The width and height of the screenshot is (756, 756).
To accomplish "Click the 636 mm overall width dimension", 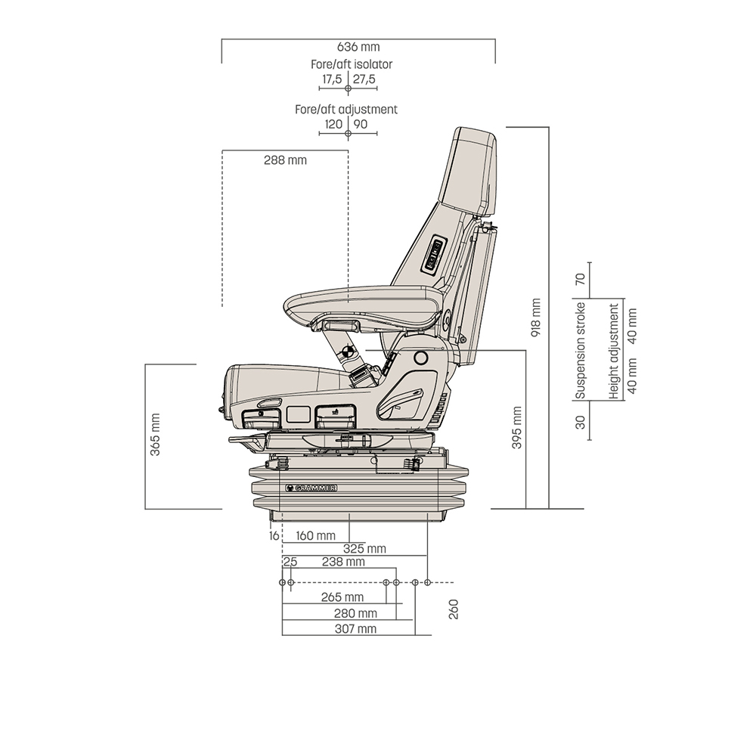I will (x=358, y=48).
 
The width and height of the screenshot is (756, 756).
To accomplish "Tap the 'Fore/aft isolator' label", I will (x=352, y=64).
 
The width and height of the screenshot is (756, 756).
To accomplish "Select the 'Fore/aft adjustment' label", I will (x=346, y=109).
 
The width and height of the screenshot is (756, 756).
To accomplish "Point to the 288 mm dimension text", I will (x=285, y=160).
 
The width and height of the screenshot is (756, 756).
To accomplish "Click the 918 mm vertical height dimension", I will (x=537, y=317).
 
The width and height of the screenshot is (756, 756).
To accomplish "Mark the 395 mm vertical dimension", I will (x=517, y=428).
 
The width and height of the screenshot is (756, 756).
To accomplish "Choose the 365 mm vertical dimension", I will (x=156, y=435).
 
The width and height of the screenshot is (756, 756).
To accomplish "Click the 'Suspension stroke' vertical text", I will (x=581, y=351).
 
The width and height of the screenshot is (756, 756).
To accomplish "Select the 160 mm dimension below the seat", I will (x=315, y=536).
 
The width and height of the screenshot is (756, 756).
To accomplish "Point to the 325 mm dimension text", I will (x=364, y=548).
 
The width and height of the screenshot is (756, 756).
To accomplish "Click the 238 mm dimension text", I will (x=343, y=562).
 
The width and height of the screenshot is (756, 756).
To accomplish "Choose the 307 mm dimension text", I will (x=355, y=629).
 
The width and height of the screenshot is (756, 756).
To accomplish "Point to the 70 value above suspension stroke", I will (x=581, y=277).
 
